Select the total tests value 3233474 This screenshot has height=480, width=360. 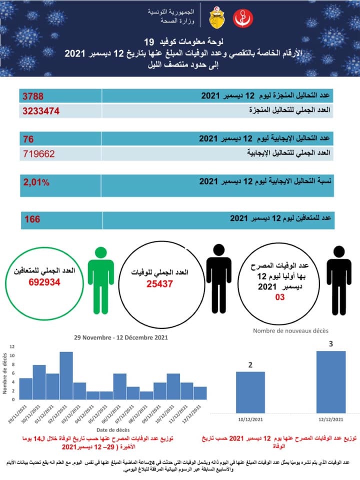click(41, 110)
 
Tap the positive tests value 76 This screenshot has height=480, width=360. click(29, 138)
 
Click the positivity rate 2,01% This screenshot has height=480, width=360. click(36, 183)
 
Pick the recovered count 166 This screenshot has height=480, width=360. click(32, 219)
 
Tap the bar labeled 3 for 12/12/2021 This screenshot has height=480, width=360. click(330, 382)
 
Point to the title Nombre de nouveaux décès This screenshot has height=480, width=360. click(290, 330)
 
